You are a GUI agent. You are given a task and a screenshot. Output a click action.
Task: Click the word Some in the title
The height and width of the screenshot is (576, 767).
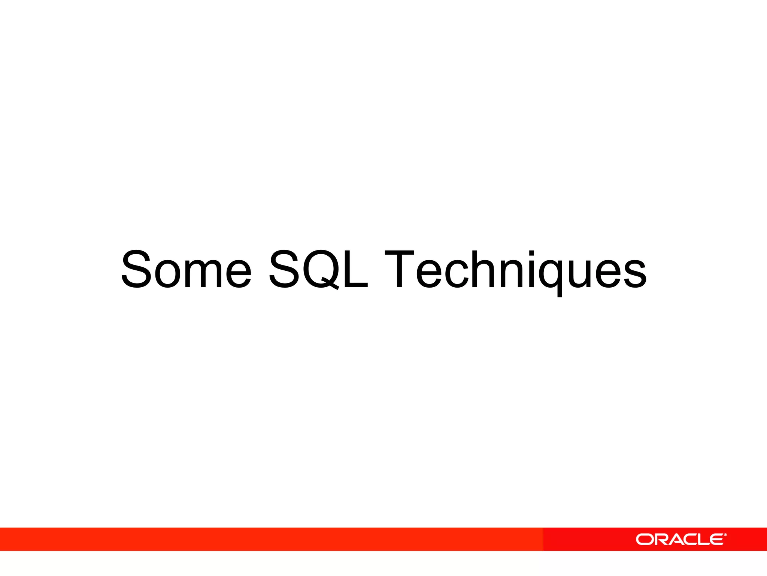186,269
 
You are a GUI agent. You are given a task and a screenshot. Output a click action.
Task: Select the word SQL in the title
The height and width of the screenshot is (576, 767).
318,269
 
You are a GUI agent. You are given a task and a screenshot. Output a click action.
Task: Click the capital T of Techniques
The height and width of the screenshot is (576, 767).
399,269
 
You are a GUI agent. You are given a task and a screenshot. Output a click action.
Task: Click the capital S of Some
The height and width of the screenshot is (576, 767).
136,269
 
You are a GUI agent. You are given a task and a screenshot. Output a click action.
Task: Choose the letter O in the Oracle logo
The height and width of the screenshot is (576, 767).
645,540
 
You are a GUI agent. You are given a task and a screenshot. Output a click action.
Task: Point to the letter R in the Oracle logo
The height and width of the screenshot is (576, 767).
661,540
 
